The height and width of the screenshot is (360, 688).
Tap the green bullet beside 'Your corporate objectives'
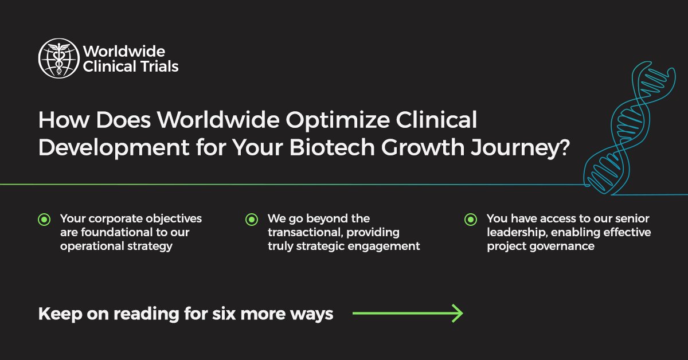tap(44, 219)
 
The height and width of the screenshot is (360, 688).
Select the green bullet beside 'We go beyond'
tap(251, 219)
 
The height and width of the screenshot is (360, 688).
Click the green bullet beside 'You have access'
tap(470, 219)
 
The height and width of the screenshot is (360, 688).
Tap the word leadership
tap(514, 233)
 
